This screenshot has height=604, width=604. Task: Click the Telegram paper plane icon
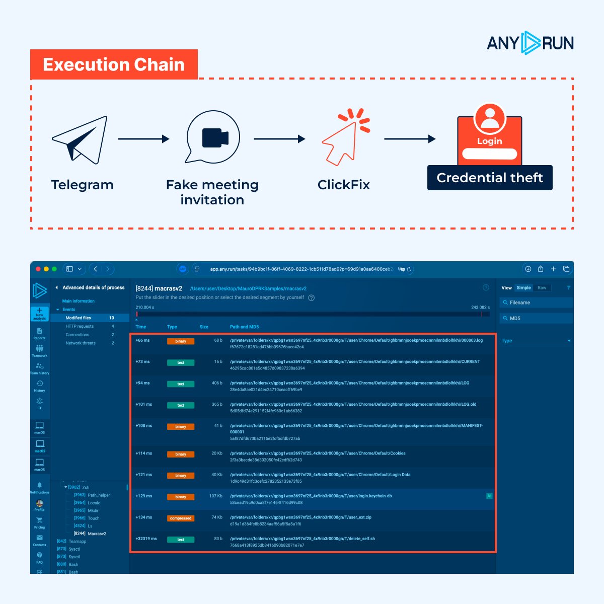click(x=81, y=139)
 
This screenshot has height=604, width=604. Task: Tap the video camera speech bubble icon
click(x=213, y=137)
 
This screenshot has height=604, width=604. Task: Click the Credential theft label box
click(x=490, y=178)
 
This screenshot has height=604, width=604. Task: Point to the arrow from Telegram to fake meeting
click(x=143, y=139)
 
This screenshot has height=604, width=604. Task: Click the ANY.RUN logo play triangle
click(x=530, y=43)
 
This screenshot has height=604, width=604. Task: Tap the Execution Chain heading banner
click(x=114, y=64)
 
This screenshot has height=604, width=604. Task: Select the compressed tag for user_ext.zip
click(x=181, y=518)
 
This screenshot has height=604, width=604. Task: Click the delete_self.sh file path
click(x=302, y=539)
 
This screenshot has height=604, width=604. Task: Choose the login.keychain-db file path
click(x=311, y=496)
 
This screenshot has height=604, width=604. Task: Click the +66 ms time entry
click(x=143, y=340)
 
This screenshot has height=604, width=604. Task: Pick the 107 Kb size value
click(x=215, y=496)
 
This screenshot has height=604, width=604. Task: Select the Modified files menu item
click(x=79, y=318)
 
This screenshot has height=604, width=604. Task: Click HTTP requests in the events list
click(x=80, y=326)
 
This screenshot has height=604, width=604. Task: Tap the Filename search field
click(x=537, y=303)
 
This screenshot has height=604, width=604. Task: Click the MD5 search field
click(x=537, y=318)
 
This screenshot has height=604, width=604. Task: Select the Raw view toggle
click(x=542, y=288)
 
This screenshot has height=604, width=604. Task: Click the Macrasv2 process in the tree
click(x=97, y=534)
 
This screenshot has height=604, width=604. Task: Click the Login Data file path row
click(x=320, y=475)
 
